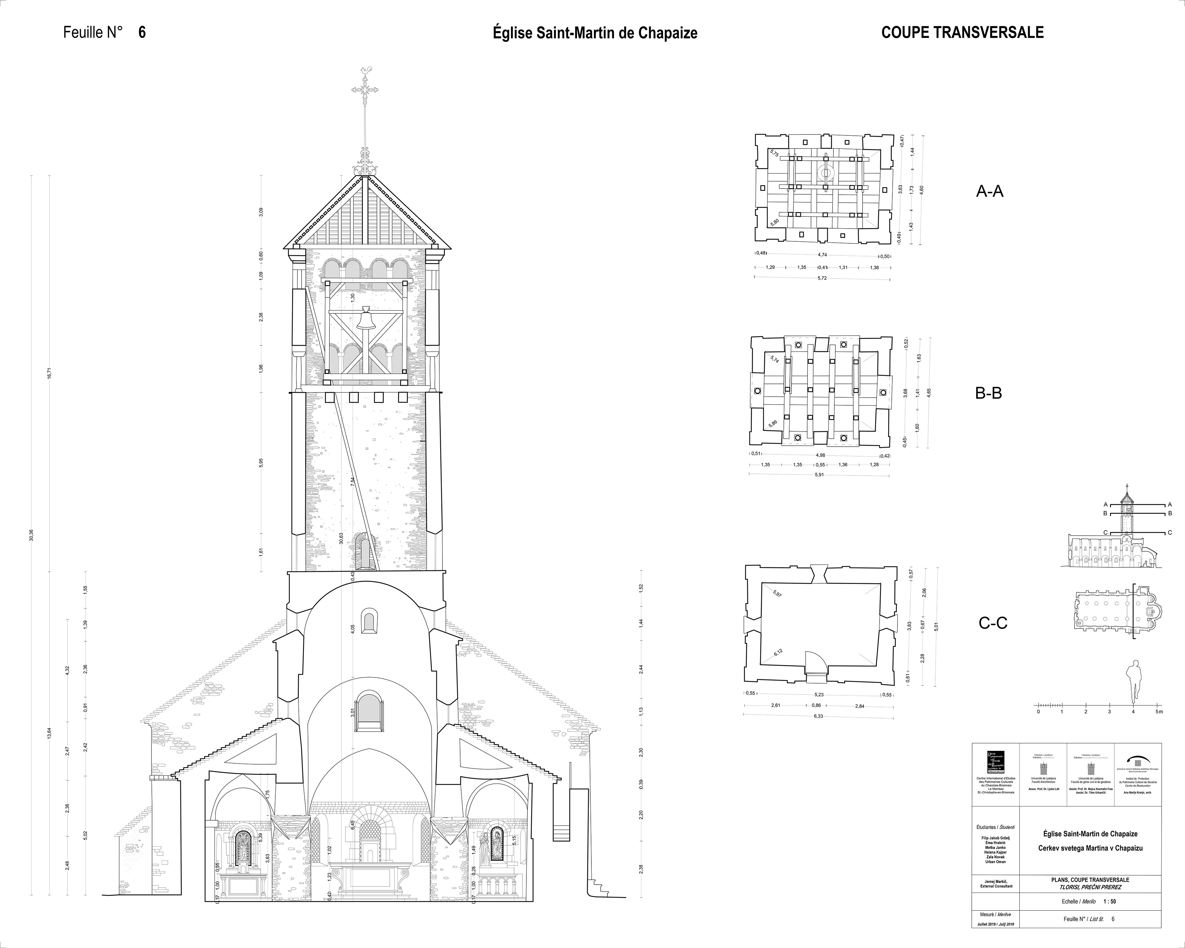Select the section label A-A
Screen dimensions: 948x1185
click(990, 191)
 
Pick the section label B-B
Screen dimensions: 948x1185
click(988, 393)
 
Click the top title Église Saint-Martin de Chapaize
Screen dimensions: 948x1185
click(595, 33)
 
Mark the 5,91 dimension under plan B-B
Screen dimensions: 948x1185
click(819, 475)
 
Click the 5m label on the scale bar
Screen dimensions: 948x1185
click(1159, 712)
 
